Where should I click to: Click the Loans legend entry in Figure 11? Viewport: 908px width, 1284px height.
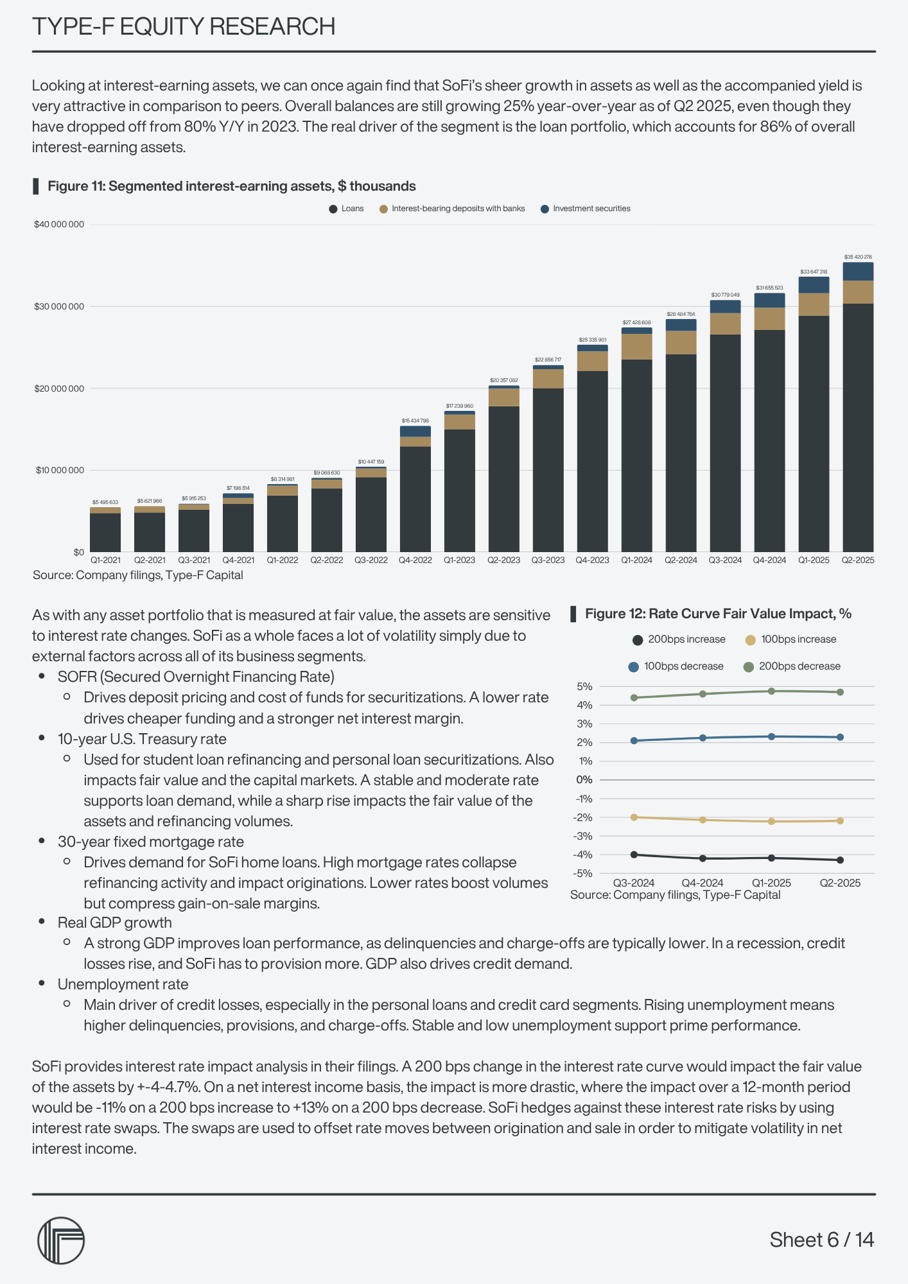pos(347,209)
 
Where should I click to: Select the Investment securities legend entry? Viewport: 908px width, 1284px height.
pos(586,209)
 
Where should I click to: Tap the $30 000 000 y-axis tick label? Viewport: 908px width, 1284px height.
pos(59,306)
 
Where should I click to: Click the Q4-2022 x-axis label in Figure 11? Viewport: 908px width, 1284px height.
pos(415,560)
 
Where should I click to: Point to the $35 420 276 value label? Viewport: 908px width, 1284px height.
pos(858,257)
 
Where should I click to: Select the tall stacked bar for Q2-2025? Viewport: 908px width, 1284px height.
pos(858,411)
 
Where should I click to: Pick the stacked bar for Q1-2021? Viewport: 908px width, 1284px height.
pos(105,530)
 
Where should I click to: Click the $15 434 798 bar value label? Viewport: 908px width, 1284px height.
pos(415,421)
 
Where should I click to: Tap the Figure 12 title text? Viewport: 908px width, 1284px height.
pos(718,614)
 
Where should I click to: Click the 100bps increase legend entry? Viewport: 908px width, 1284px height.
pos(791,639)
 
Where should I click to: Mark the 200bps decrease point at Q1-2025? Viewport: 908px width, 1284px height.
pos(771,691)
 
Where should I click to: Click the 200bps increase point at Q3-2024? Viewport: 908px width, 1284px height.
pos(634,855)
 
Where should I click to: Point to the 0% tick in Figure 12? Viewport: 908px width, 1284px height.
pos(584,780)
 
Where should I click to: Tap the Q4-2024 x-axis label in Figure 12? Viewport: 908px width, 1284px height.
pos(703,883)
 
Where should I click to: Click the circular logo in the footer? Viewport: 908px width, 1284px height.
pos(61,1240)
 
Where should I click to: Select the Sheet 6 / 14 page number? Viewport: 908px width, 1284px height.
pos(822,1240)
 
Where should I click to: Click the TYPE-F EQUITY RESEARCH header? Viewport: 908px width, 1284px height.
pos(184,26)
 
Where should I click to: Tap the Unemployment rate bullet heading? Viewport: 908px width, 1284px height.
pos(123,984)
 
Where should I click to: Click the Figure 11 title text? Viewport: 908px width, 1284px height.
pos(231,186)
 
